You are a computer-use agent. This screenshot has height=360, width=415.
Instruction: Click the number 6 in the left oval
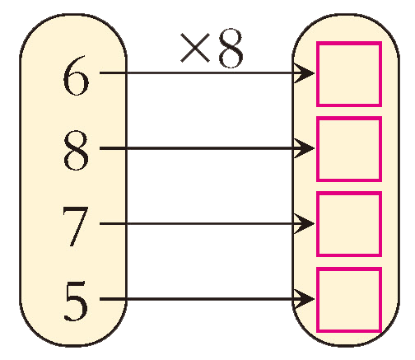tap(76, 75)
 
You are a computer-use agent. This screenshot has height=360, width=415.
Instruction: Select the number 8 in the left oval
tap(76, 150)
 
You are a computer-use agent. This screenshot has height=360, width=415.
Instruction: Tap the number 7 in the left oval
tap(76, 227)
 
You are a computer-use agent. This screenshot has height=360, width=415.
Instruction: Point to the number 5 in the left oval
tap(76, 302)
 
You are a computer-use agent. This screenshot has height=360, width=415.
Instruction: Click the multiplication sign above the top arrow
tap(195, 48)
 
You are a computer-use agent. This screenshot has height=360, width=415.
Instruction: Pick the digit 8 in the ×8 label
tap(231, 48)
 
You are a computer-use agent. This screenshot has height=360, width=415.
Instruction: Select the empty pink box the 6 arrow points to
tap(349, 74)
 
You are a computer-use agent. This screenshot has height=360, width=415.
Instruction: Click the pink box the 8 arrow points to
tap(349, 149)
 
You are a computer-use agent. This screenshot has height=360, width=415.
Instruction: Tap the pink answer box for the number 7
tap(349, 224)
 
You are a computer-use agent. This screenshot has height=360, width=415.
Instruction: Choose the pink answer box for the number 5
tap(349, 299)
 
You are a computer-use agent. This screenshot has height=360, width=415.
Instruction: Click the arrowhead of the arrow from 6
tap(305, 73)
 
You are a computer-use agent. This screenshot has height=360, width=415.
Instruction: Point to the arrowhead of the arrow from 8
tap(305, 148)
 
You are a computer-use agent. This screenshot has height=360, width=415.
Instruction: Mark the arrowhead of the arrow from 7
tap(305, 224)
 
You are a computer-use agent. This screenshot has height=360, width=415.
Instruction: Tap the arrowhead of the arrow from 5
tap(305, 299)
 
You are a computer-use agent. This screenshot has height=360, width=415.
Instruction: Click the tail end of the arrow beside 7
tap(100, 224)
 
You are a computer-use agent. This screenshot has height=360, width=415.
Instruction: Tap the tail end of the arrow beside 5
tap(100, 299)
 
